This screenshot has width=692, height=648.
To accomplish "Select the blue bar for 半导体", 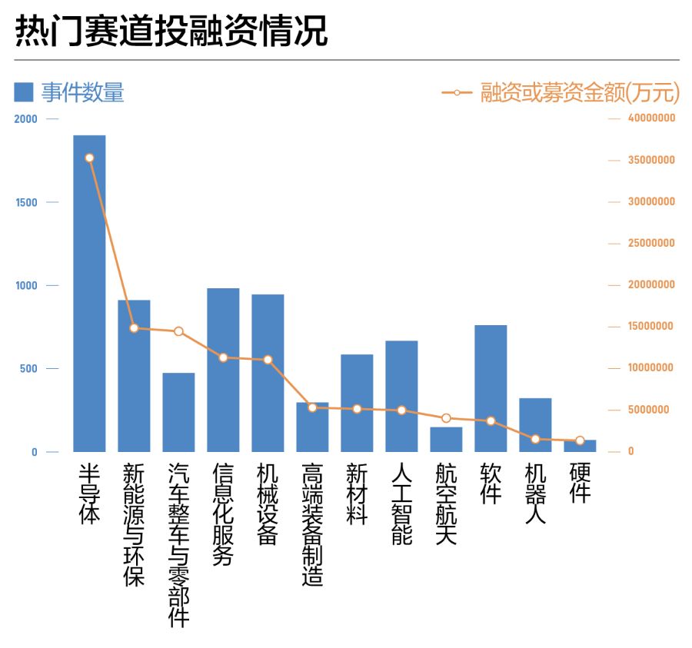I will click(x=89, y=294).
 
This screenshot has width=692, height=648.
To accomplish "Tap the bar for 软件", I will click(x=491, y=388).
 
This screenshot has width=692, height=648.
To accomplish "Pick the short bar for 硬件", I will click(x=580, y=446).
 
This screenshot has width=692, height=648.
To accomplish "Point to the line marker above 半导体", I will click(x=89, y=158).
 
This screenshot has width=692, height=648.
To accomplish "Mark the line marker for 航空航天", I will click(x=446, y=418).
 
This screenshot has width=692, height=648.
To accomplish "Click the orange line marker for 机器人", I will click(x=535, y=439).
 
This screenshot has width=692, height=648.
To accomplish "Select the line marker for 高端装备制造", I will click(x=312, y=407).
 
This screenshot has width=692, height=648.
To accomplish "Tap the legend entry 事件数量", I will click(x=69, y=93).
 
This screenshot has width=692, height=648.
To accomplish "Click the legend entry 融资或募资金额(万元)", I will click(x=561, y=93).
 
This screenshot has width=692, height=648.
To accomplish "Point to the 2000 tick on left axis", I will click(x=25, y=119).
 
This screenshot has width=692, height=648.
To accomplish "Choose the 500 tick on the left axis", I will click(x=29, y=369).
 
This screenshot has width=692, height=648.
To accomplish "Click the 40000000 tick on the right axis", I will click(x=650, y=119).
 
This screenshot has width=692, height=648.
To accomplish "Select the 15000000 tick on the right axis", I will click(x=650, y=327).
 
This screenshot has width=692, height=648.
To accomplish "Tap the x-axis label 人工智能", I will click(x=401, y=503).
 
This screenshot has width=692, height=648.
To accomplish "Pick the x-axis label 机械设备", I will click(x=268, y=503).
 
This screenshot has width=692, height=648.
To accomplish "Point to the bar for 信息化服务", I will click(x=223, y=370).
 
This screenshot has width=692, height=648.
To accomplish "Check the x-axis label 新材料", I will click(x=357, y=493).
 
